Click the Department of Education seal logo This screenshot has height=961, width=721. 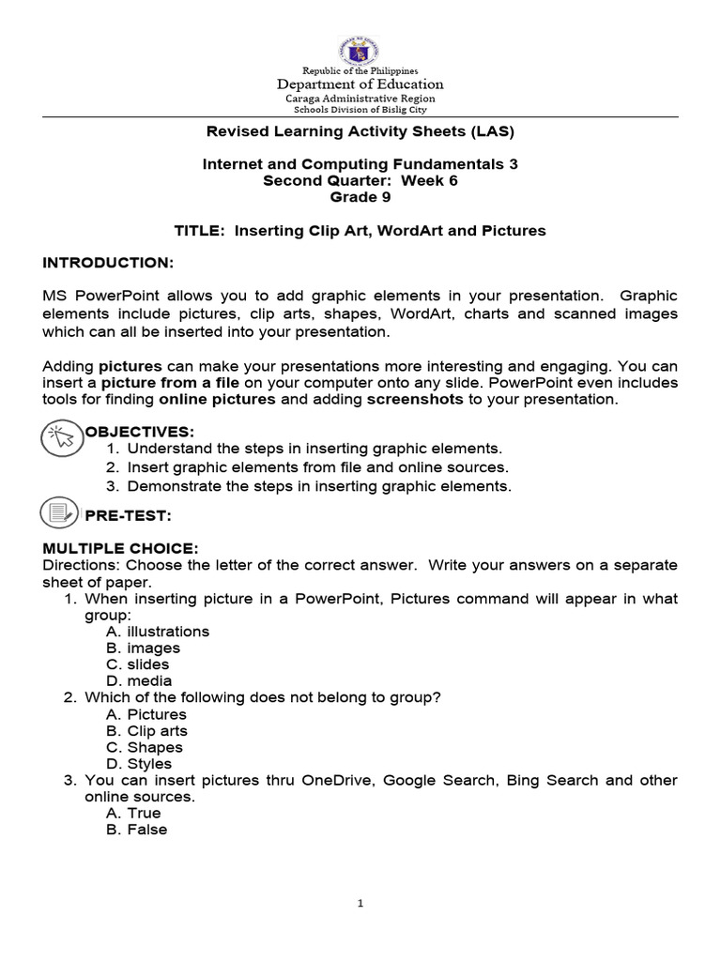[360, 38]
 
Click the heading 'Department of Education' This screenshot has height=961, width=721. [360, 84]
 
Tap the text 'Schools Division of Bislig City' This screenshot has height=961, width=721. [360, 110]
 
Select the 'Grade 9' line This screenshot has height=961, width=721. [360, 197]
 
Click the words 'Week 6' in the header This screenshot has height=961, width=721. [429, 180]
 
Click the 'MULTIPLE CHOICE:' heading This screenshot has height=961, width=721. [120, 548]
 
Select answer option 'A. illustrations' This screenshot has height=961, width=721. [158, 632]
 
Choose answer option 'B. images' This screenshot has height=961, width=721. [143, 648]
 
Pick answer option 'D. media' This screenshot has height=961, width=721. [139, 681]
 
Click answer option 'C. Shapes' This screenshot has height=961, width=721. [145, 747]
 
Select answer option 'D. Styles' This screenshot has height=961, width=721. [140, 764]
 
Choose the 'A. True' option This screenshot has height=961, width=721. [133, 813]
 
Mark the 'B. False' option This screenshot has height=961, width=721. [136, 830]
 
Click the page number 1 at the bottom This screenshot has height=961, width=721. [360, 904]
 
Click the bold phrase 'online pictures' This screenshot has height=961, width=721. [217, 399]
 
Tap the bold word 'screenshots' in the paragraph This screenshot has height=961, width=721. [414, 399]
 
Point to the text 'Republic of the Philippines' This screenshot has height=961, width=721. [360, 70]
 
